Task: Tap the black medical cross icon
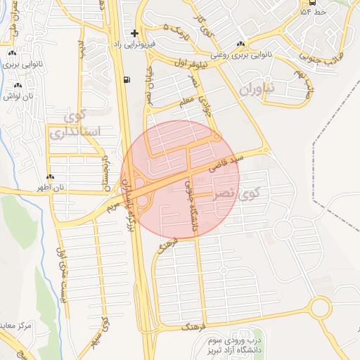134,33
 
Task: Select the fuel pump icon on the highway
126,79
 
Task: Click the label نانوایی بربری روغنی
240,53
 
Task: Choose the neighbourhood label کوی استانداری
76,124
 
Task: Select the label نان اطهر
52,187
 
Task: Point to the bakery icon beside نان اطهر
50,177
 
